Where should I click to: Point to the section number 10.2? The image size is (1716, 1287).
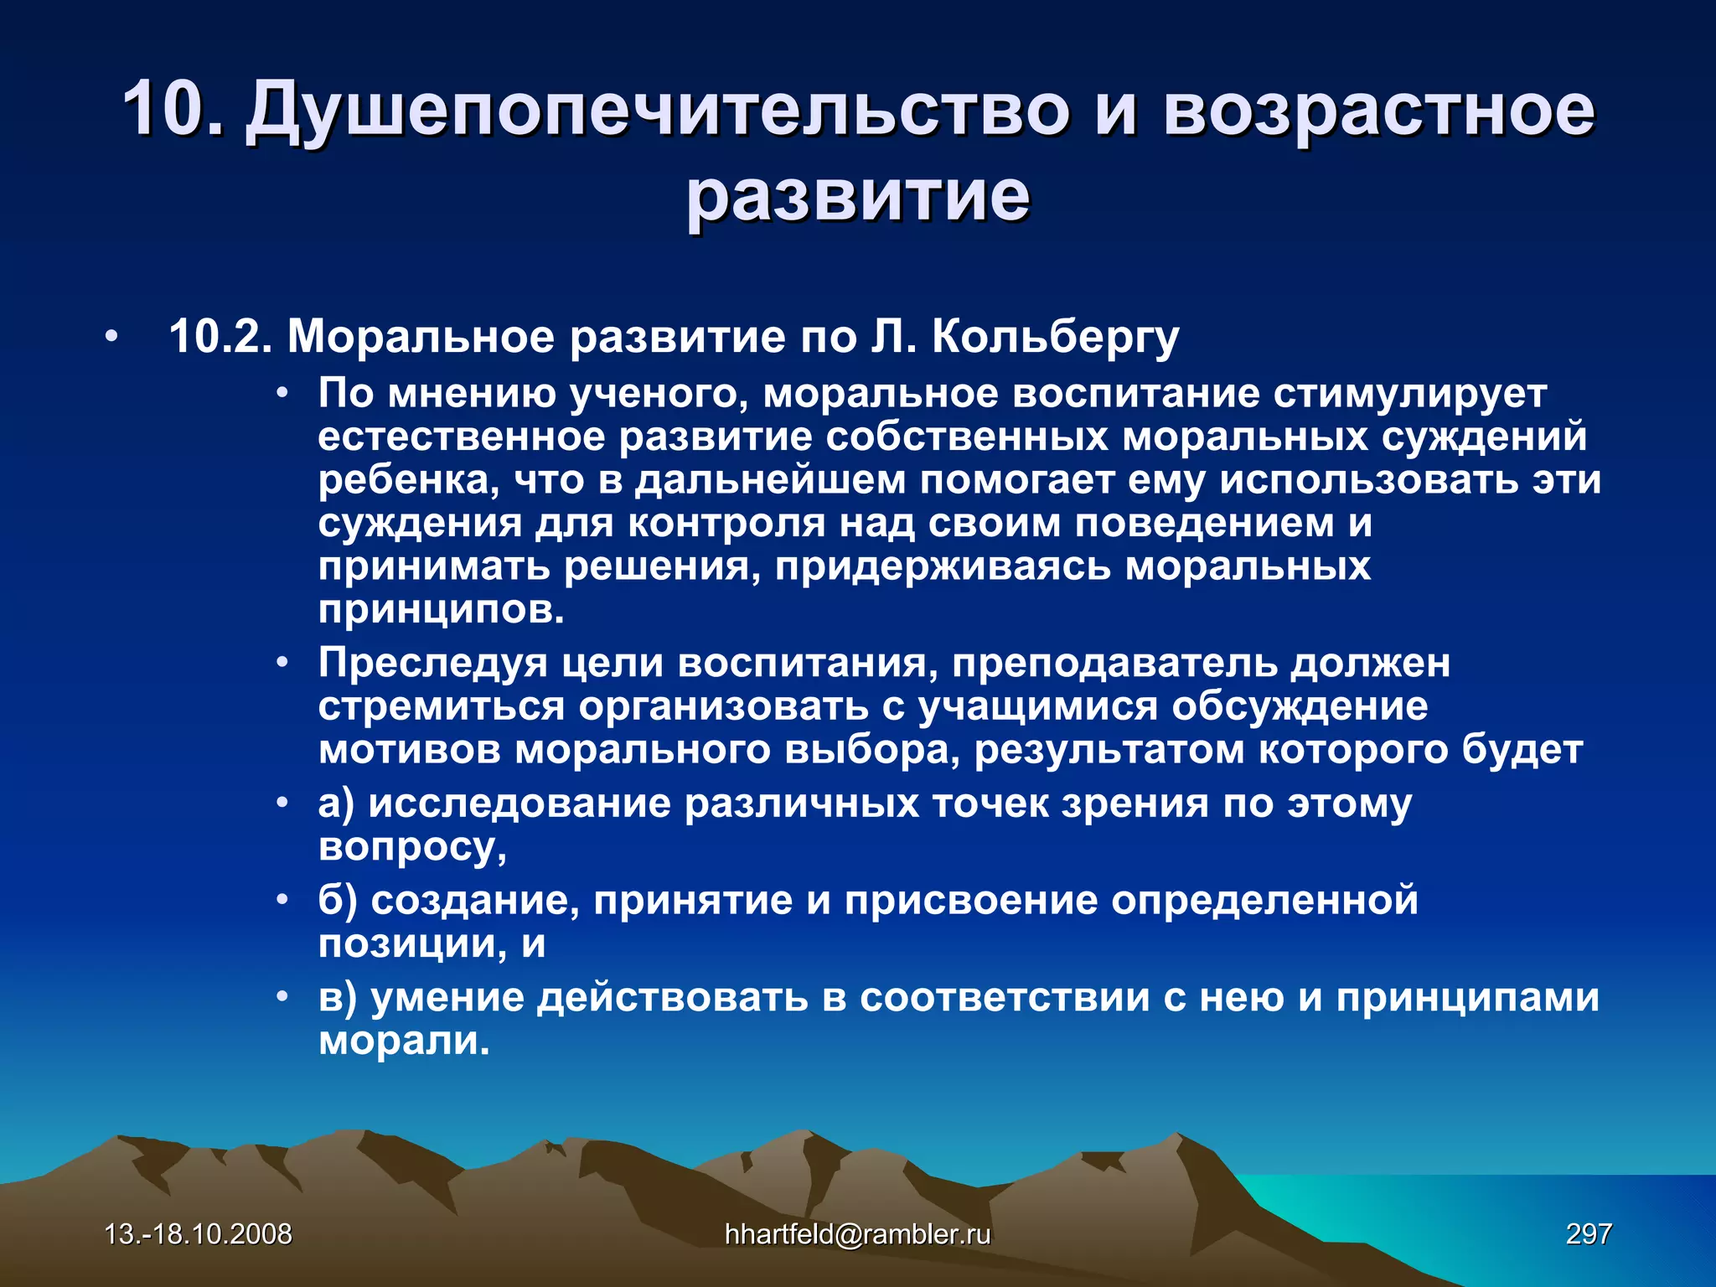pyautogui.click(x=220, y=337)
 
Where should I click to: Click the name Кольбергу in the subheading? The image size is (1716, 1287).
pyautogui.click(x=1055, y=337)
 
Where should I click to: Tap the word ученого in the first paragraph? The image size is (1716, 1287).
pyautogui.click(x=658, y=394)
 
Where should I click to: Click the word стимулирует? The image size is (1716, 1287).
pyautogui.click(x=1409, y=394)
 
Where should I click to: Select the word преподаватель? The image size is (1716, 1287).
pyautogui.click(x=1114, y=663)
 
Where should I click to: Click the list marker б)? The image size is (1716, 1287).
pyautogui.click(x=338, y=901)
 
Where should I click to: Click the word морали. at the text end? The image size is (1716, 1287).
pyautogui.click(x=404, y=1041)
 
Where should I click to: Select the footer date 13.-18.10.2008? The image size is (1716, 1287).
pyautogui.click(x=199, y=1233)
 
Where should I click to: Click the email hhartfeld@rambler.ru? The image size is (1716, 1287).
pyautogui.click(x=857, y=1233)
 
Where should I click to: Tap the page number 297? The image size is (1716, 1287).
pyautogui.click(x=1588, y=1233)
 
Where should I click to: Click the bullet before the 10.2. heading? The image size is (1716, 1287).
pyautogui.click(x=111, y=338)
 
